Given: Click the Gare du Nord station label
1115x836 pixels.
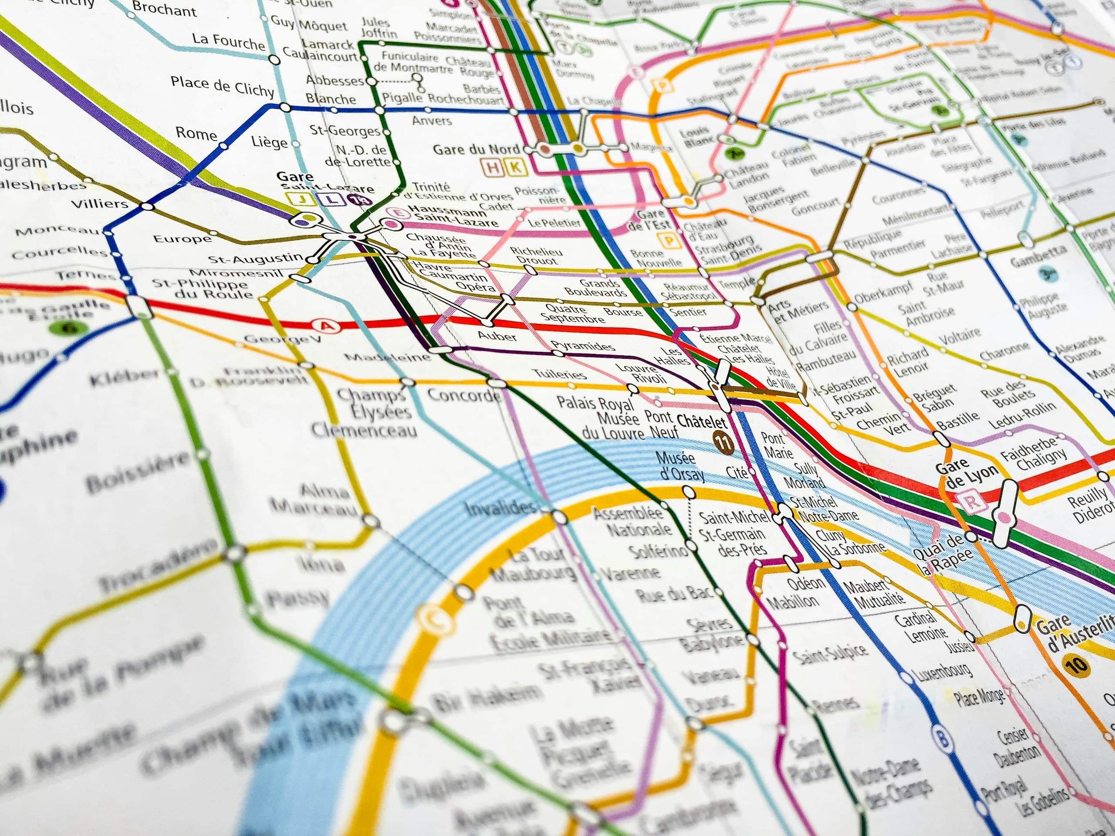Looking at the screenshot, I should coord(476,149).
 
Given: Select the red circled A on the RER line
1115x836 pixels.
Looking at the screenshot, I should coord(327,326).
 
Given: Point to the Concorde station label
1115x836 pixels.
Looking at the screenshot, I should coord(464,394).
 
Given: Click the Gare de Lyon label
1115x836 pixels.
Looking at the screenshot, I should coord(966,474).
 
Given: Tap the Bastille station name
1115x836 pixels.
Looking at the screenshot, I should coord(958,419).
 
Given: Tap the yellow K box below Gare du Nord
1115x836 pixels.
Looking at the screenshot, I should coord(515,168).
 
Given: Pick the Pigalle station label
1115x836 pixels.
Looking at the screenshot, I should coord(402,98).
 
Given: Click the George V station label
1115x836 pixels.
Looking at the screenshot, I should coord(282,339).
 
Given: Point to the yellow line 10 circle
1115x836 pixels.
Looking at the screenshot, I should coord(1076,665).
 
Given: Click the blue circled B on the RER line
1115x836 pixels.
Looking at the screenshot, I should coord(942,739).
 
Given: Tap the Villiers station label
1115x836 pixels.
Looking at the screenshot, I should coord(100,204).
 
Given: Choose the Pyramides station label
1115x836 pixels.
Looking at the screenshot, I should coord(583,346).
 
